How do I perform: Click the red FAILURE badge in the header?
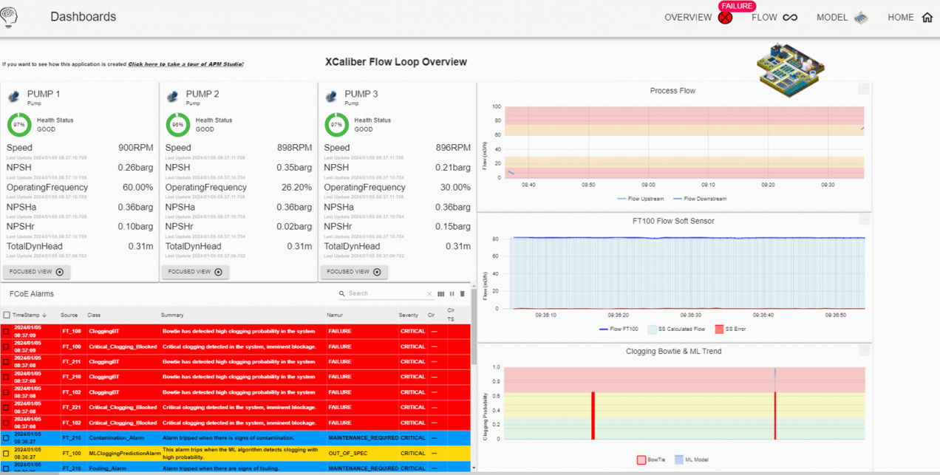[736, 6]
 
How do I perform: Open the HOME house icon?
[927, 18]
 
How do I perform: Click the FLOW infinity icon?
[790, 18]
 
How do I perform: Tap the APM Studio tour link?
[185, 64]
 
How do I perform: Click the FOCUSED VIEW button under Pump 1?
[36, 272]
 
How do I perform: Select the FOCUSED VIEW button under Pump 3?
[353, 272]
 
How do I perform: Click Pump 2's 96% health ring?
[177, 125]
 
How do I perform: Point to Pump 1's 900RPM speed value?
[136, 148]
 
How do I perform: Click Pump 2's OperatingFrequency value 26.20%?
[294, 188]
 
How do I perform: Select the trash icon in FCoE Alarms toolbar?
[463, 294]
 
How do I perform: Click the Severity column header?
[409, 315]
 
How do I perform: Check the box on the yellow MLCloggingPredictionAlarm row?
[7, 453]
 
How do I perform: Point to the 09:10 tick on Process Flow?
[708, 185]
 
